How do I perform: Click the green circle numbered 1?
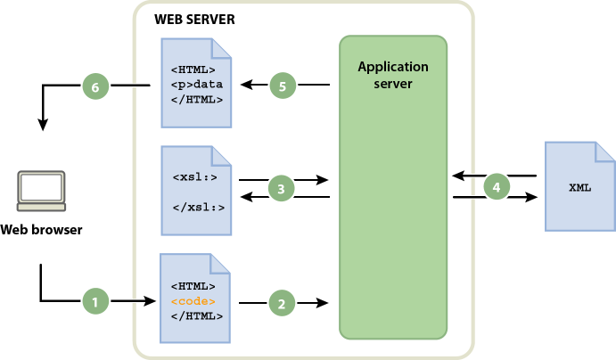coord(95,303)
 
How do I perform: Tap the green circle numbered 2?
coord(282,304)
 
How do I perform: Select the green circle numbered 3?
coord(282,188)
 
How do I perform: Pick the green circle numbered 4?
coord(497,186)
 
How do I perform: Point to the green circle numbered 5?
coord(282,86)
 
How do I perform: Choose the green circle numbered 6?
coord(95,86)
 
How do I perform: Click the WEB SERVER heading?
coord(195,20)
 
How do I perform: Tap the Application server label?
coord(392,74)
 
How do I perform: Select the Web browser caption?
coord(41,230)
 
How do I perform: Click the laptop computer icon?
coord(41,191)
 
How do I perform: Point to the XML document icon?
coord(579,188)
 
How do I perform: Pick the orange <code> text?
coord(193,302)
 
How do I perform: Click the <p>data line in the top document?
coord(197,85)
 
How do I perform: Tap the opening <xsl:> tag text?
coord(194,176)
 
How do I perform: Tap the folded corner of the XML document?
coord(604,151)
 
